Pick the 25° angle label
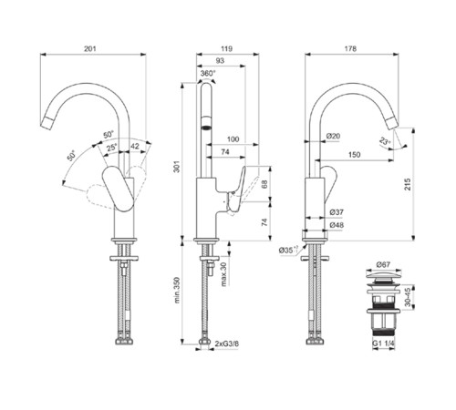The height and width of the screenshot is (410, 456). [111, 148]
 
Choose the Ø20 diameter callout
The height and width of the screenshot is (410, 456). [333, 136]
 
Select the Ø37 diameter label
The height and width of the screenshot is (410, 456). [337, 213]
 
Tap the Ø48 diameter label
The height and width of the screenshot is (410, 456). [337, 224]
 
